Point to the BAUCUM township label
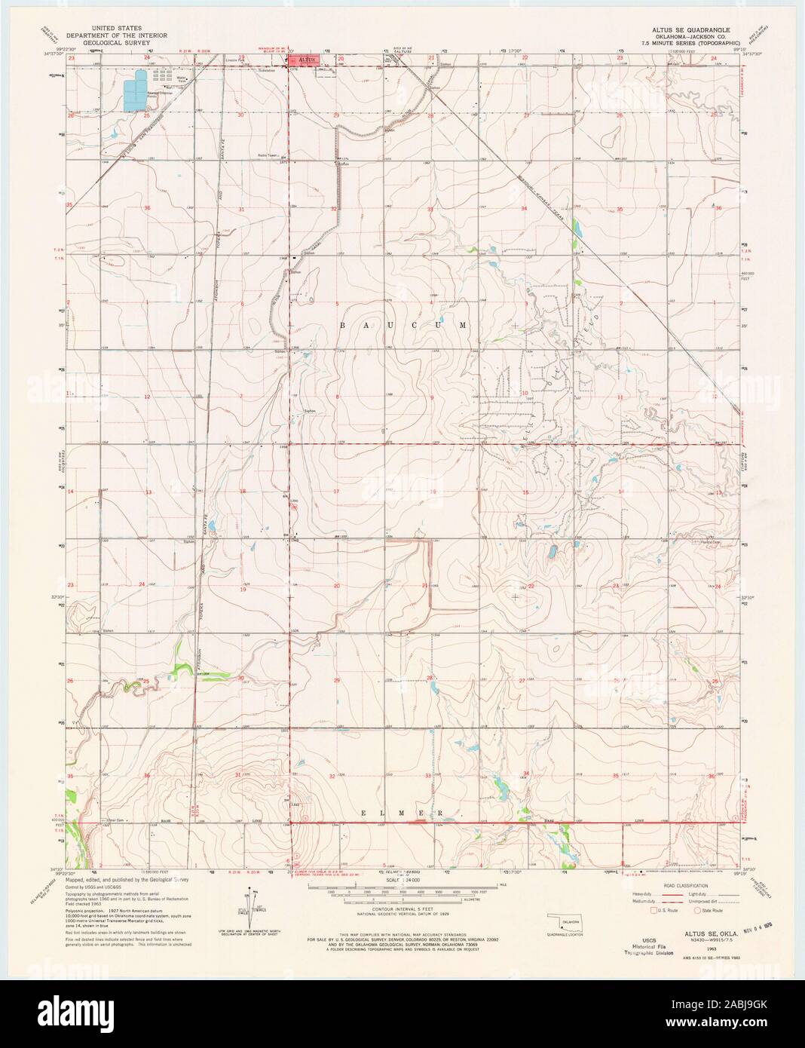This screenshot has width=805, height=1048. point(403,325)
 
